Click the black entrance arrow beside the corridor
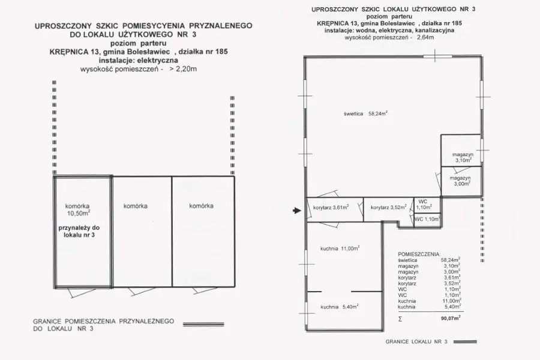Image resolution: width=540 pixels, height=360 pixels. [x=297, y=211]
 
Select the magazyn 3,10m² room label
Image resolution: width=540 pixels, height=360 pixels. [x=463, y=157]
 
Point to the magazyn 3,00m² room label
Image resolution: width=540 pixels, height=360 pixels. [x=460, y=181]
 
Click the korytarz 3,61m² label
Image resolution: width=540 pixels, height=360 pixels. [x=331, y=208]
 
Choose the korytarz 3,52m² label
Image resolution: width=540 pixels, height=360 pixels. [x=388, y=208]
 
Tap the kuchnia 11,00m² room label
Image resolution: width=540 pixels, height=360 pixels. [x=340, y=248]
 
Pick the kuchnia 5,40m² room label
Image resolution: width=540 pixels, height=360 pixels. [x=340, y=307]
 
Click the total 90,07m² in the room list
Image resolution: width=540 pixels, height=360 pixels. [x=451, y=319]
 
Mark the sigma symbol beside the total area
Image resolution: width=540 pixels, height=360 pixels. [x=400, y=319]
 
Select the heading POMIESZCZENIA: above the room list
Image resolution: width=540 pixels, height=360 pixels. [x=419, y=254]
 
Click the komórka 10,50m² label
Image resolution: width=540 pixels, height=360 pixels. [x=78, y=210]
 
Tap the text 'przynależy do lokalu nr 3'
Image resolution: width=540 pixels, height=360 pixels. [x=79, y=232]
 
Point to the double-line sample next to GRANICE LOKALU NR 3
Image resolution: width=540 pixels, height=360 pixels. [x=465, y=342]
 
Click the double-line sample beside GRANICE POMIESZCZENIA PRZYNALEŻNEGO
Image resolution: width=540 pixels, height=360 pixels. [x=203, y=324]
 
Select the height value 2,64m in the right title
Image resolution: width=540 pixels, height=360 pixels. [x=425, y=37]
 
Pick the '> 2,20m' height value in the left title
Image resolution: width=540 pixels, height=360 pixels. [x=183, y=69]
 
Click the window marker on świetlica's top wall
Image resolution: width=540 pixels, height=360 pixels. [x=434, y=56]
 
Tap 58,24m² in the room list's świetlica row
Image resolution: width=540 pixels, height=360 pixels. [x=451, y=260]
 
